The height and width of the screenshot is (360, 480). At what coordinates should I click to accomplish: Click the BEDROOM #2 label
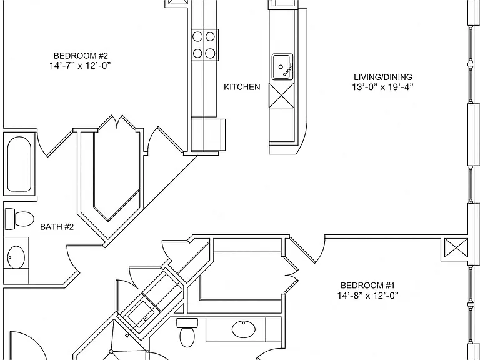coord(81,56)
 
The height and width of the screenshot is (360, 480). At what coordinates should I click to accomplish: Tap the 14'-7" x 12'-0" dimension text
coord(80,66)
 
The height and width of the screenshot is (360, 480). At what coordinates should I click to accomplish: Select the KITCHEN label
coord(242,87)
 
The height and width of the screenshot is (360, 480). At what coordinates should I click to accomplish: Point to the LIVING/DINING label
coord(383,77)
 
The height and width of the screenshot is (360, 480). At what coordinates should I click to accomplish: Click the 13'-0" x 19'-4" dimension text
coord(382,87)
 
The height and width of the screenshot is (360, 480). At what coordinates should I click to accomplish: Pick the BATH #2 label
coord(57,227)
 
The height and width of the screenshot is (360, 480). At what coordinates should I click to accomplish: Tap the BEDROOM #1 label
coord(367,286)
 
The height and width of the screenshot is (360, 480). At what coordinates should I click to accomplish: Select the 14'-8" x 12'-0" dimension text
coord(367,296)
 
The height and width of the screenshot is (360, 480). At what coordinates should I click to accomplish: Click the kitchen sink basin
coord(282,67)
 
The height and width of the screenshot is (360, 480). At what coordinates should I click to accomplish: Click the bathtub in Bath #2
coord(19,164)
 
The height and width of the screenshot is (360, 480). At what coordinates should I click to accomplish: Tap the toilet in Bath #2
coord(19,219)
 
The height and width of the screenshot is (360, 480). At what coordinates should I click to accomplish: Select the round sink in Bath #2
coord(16,257)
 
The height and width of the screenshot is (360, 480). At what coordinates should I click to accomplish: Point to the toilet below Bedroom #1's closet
coord(187,332)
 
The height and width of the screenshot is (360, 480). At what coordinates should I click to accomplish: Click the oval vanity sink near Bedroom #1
coord(244,329)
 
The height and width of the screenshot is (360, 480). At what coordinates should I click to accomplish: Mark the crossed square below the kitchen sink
coord(281,95)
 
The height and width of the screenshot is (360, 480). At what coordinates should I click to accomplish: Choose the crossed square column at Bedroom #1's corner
coord(456,250)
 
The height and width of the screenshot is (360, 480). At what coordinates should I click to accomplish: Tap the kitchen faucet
coord(288,69)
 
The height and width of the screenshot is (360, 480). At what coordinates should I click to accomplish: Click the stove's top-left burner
coord(197,37)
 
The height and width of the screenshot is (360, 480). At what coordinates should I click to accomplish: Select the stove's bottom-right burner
coord(210,53)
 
